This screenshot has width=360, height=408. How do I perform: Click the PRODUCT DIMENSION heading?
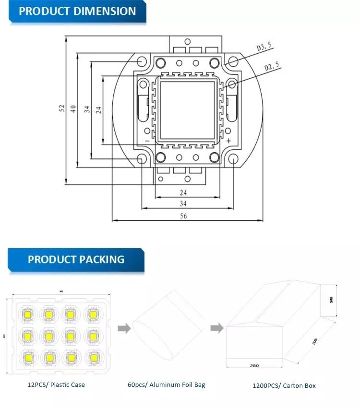pyautogui.click(x=77, y=11)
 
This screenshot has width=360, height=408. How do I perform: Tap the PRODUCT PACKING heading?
pyautogui.click(x=76, y=260)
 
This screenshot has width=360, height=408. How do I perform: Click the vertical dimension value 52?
pyautogui.click(x=62, y=109)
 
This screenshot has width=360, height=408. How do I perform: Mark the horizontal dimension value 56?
pyautogui.click(x=184, y=216)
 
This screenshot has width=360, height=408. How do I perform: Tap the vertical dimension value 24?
pyautogui.click(x=98, y=109)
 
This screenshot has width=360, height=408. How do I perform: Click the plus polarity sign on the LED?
pyautogui.click(x=228, y=140)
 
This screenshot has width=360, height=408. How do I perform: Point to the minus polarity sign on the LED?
pyautogui.click(x=147, y=140)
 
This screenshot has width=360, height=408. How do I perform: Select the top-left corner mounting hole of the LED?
pyautogui.click(x=142, y=61)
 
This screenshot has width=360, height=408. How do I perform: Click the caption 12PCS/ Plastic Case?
pyautogui.click(x=56, y=384)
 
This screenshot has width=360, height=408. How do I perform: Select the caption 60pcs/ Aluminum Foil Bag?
pyautogui.click(x=166, y=384)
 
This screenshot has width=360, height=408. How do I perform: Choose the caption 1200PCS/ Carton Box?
pyautogui.click(x=284, y=385)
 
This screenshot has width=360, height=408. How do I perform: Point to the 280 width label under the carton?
pyautogui.click(x=254, y=366)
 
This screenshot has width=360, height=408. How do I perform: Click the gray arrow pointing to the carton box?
pyautogui.click(x=216, y=328)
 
